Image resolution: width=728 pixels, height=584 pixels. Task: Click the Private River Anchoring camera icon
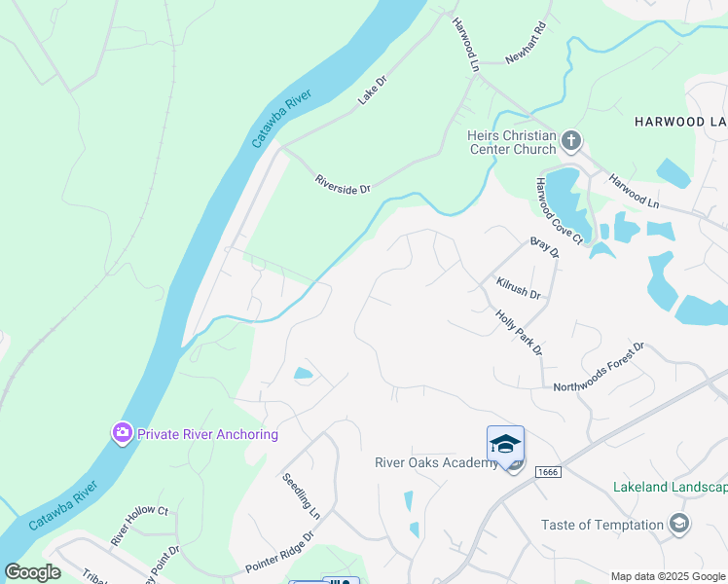(122, 432)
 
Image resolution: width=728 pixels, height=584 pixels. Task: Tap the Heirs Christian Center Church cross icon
(571, 141)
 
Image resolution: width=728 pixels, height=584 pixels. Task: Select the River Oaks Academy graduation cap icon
(505, 445)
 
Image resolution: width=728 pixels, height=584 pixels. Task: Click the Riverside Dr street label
(343, 184)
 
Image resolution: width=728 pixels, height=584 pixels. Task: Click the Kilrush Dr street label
(518, 287)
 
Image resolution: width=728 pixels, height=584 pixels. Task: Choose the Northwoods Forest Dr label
(600, 368)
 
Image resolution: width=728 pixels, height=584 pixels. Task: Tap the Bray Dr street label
(545, 247)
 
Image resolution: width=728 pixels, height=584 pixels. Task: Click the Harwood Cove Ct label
(558, 210)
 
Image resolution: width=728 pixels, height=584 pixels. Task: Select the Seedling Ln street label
(302, 495)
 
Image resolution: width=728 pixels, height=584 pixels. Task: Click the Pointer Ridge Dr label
(280, 552)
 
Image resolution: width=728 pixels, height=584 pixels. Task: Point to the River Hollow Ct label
(140, 525)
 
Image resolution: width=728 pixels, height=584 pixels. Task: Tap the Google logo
(32, 572)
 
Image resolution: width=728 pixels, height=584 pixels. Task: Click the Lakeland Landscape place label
(670, 487)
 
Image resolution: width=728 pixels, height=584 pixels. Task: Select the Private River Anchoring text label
(208, 434)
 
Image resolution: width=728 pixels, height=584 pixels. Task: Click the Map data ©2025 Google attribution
(668, 576)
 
